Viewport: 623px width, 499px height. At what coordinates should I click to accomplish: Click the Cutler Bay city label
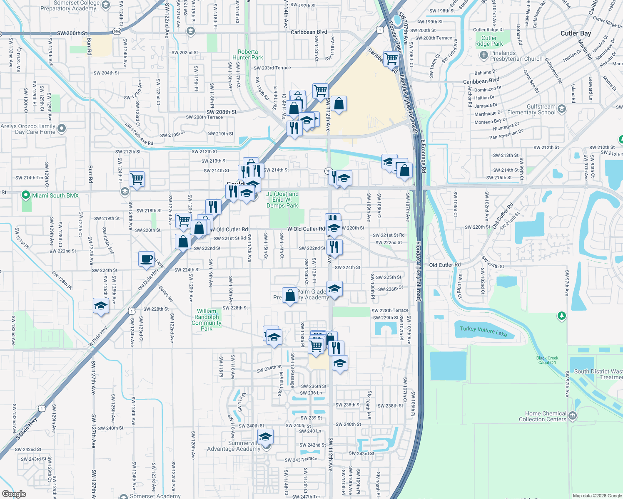576,33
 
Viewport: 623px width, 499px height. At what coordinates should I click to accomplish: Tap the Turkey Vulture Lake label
483,331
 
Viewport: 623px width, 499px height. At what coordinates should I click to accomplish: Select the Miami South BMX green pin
26,195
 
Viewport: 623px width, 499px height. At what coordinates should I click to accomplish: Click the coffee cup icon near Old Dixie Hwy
146,259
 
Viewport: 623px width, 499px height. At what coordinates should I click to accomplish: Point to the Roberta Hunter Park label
248,54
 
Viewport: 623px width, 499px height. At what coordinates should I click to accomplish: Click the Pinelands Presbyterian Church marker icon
483,55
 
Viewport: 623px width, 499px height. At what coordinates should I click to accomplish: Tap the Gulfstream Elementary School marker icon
562,109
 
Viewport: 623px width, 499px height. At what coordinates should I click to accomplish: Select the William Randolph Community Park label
207,320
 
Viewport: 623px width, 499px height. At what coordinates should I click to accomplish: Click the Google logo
14,494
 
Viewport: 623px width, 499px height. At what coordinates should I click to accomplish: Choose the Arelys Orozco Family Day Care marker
62,128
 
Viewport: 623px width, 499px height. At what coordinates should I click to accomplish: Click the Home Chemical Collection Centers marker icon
573,415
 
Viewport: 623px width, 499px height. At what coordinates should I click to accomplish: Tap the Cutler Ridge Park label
489,41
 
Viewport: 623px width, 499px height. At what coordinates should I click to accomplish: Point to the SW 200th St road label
72,33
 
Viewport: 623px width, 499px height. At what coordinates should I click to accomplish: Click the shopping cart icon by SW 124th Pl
137,179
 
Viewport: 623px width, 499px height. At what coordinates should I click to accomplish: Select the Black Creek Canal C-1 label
547,360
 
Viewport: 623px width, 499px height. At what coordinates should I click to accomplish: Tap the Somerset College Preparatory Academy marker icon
106,5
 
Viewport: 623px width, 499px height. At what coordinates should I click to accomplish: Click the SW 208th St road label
222,112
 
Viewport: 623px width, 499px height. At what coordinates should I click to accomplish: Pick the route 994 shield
117,31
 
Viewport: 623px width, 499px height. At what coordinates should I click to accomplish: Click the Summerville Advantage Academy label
234,446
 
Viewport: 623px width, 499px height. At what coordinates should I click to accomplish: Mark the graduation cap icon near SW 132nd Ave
101,306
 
